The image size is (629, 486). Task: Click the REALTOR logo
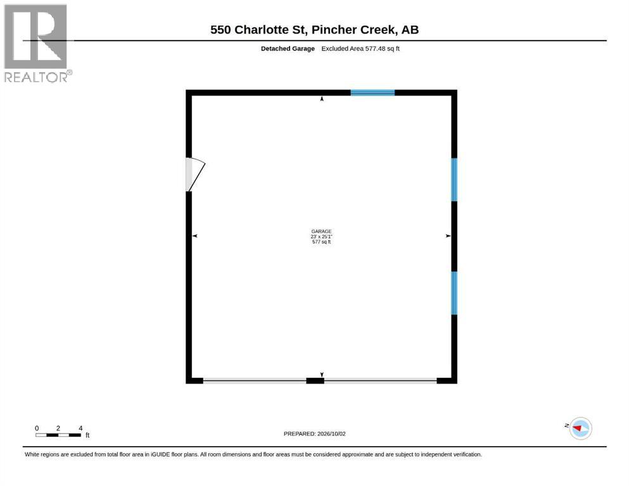click(x=37, y=43)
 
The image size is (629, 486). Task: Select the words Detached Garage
click(x=288, y=49)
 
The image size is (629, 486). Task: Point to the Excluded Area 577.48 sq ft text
click(x=360, y=49)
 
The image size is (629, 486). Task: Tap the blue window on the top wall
click(x=372, y=92)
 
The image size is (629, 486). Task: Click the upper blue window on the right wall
click(x=454, y=180)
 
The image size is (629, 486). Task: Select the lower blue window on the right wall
click(x=454, y=293)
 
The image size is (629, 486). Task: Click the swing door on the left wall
click(x=195, y=174)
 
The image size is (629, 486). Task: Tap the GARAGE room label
click(x=321, y=231)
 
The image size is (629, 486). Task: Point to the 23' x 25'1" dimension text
click(x=321, y=237)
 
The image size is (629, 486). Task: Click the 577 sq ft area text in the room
click(x=321, y=242)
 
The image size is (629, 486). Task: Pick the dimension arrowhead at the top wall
click(x=322, y=99)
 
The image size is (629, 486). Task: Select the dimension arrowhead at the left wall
click(x=195, y=236)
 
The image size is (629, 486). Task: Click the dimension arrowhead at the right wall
click(x=448, y=236)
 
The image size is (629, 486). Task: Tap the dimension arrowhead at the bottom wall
click(x=322, y=375)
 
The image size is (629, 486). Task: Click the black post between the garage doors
click(x=315, y=380)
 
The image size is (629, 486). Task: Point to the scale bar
click(x=58, y=435)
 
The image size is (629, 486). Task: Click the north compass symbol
click(x=580, y=428)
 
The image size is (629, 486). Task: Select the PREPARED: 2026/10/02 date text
click(x=314, y=433)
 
